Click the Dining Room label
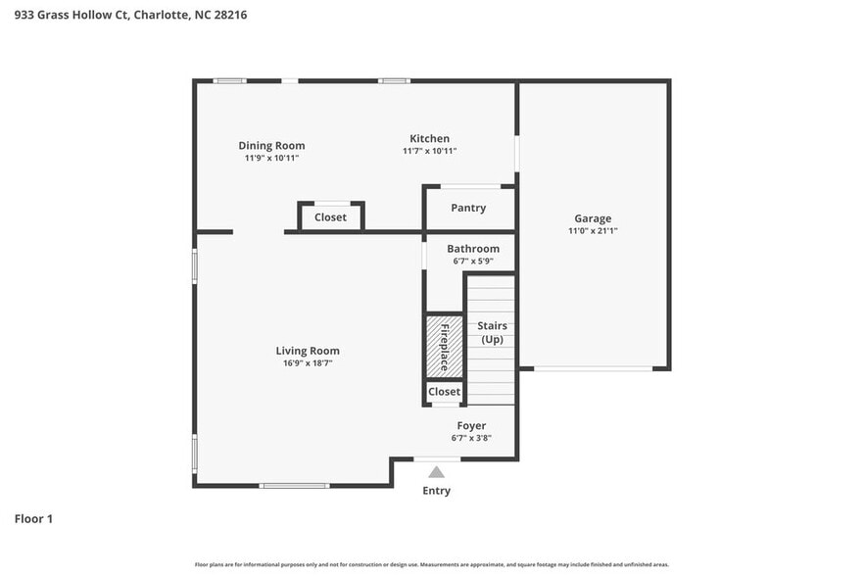click(271, 146)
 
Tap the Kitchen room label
click(429, 139)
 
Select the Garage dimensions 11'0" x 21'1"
click(593, 231)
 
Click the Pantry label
click(468, 208)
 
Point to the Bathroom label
click(473, 249)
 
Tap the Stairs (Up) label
click(492, 332)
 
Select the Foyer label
click(471, 426)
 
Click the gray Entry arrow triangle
click(437, 472)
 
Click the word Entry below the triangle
click(437, 491)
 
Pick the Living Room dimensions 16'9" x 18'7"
click(307, 363)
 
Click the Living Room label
click(307, 351)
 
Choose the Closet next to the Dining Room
click(330, 217)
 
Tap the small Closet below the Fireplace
click(444, 392)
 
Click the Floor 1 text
click(33, 518)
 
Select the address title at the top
click(123, 15)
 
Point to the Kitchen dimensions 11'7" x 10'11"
click(429, 151)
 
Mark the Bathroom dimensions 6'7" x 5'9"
click(473, 262)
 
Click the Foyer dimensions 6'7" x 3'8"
click(471, 438)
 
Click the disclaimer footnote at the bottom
click(432, 565)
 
